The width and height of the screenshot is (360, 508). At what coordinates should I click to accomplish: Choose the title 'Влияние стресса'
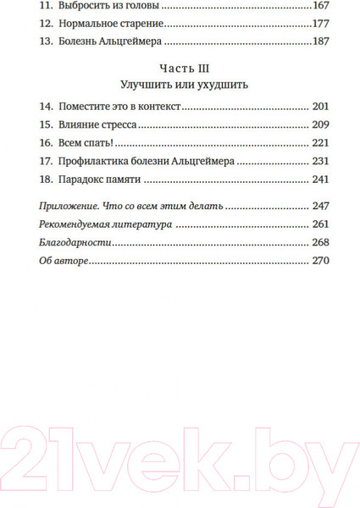tap(96, 125)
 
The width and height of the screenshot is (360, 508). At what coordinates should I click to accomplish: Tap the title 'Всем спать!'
tap(88, 143)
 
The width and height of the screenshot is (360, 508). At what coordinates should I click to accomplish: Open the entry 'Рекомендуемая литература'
tap(106, 224)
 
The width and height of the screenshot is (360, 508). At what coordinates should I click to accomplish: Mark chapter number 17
tap(46, 161)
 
